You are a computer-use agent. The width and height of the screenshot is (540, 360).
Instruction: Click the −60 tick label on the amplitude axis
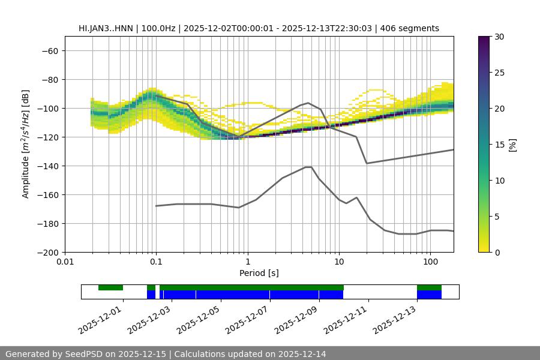tap(49, 50)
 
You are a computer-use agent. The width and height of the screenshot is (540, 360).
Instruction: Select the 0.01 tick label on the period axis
tap(65, 262)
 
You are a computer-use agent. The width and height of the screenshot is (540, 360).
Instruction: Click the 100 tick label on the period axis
tap(430, 262)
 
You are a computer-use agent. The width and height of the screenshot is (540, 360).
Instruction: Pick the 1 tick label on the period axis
tap(247, 262)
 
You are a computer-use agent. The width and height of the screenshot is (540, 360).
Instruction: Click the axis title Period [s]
tap(259, 273)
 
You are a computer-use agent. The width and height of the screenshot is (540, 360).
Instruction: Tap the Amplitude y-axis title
tap(26, 145)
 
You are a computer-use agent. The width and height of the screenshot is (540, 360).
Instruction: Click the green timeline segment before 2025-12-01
tap(110, 287)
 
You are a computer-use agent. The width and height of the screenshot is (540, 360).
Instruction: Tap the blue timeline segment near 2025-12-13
tap(429, 295)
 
